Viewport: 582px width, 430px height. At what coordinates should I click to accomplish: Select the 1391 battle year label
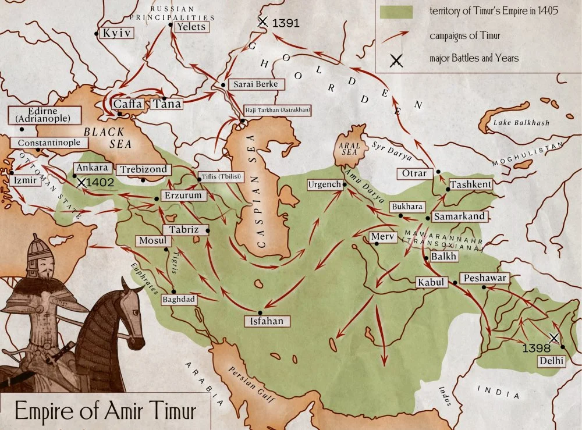point(286,23)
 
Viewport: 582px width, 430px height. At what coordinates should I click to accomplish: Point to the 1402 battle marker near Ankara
point(81,182)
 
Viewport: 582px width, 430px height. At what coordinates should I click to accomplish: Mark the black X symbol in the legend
point(397,59)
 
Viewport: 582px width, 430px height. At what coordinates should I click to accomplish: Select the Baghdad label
point(179,300)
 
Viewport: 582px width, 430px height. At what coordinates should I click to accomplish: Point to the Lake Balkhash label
point(521,123)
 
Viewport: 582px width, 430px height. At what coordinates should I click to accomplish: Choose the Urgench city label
point(324,185)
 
